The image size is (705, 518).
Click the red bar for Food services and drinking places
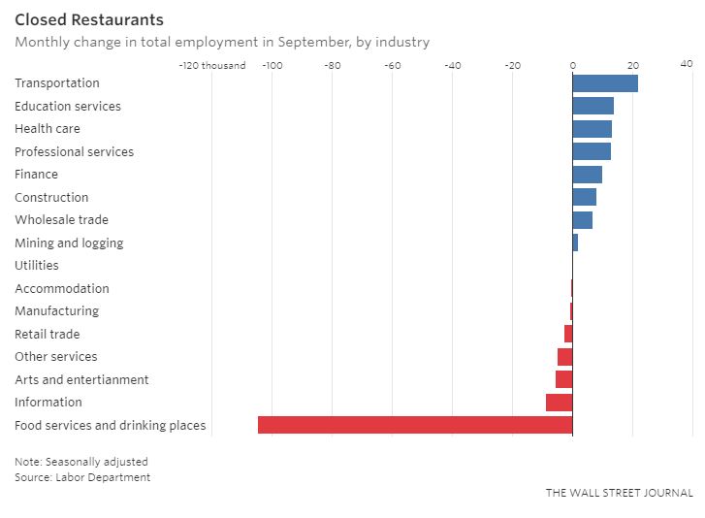coord(415,425)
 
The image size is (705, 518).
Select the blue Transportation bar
coord(605,83)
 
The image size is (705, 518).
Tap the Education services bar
coord(593,106)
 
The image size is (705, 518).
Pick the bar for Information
coord(560,403)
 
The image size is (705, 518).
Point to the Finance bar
coord(587,175)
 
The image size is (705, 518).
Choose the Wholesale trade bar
coord(582,220)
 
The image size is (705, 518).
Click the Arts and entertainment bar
coord(564,379)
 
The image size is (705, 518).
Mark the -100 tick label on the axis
coord(272,66)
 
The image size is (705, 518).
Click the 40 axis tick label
coord(686,64)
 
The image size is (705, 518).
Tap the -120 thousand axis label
coord(212,66)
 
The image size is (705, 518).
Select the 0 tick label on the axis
coord(573,66)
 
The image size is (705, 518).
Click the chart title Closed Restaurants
coord(89,19)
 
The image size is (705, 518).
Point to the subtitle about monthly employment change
coord(222,42)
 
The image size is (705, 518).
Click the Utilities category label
coord(37,266)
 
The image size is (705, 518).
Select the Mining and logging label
coord(69,243)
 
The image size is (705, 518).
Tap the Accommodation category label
coord(62,288)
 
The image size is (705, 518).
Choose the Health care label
coord(48,129)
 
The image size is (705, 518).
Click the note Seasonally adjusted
coord(81,462)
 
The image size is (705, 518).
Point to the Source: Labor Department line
coord(82,477)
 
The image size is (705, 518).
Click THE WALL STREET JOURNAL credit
coord(619,493)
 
